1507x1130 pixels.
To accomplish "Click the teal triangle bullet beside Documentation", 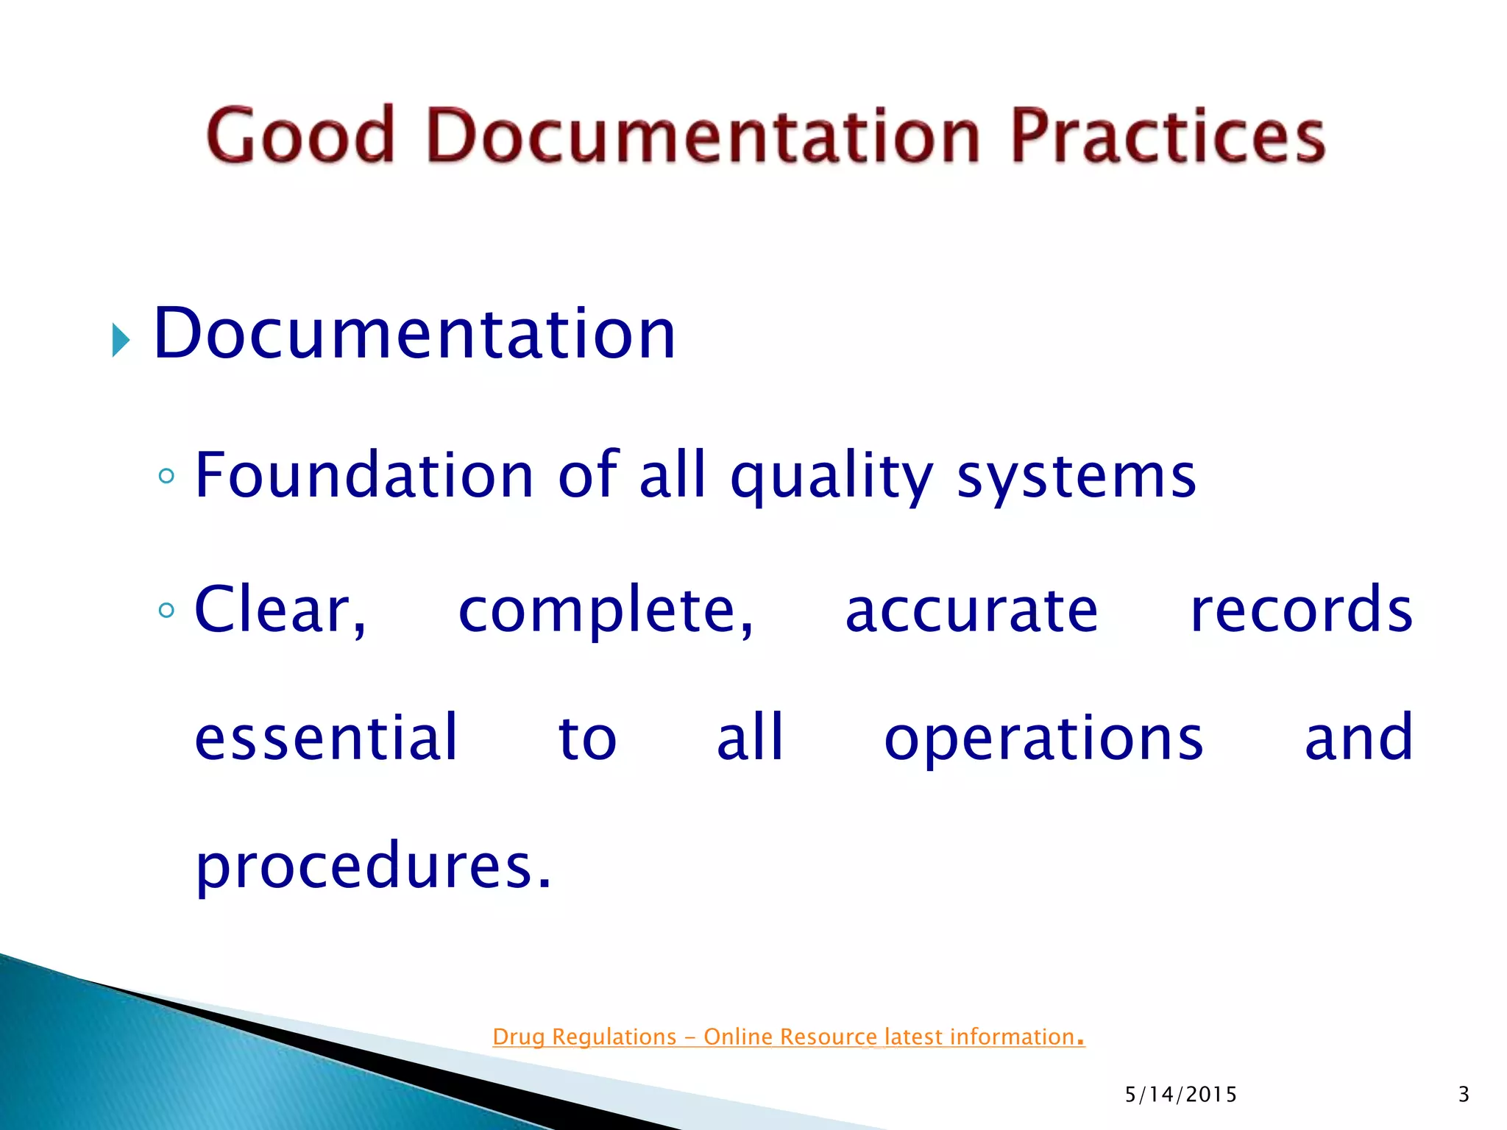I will click(x=121, y=341).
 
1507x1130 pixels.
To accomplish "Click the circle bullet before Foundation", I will click(x=167, y=476).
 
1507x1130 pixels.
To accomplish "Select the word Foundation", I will click(x=364, y=476).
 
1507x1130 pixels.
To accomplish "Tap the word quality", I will click(x=831, y=478).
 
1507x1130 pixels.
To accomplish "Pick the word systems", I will click(x=1076, y=478).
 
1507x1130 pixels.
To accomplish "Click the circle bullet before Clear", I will click(x=167, y=610).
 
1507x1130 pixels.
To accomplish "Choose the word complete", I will click(x=605, y=611).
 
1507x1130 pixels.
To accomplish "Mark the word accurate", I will click(x=971, y=611).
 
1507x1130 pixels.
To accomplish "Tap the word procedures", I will click(x=372, y=867).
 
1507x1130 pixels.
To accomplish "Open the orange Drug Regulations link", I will click(x=788, y=1037).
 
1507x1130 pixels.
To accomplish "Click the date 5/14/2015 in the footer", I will click(x=1180, y=1095).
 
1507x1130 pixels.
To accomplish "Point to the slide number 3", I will click(x=1464, y=1095).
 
